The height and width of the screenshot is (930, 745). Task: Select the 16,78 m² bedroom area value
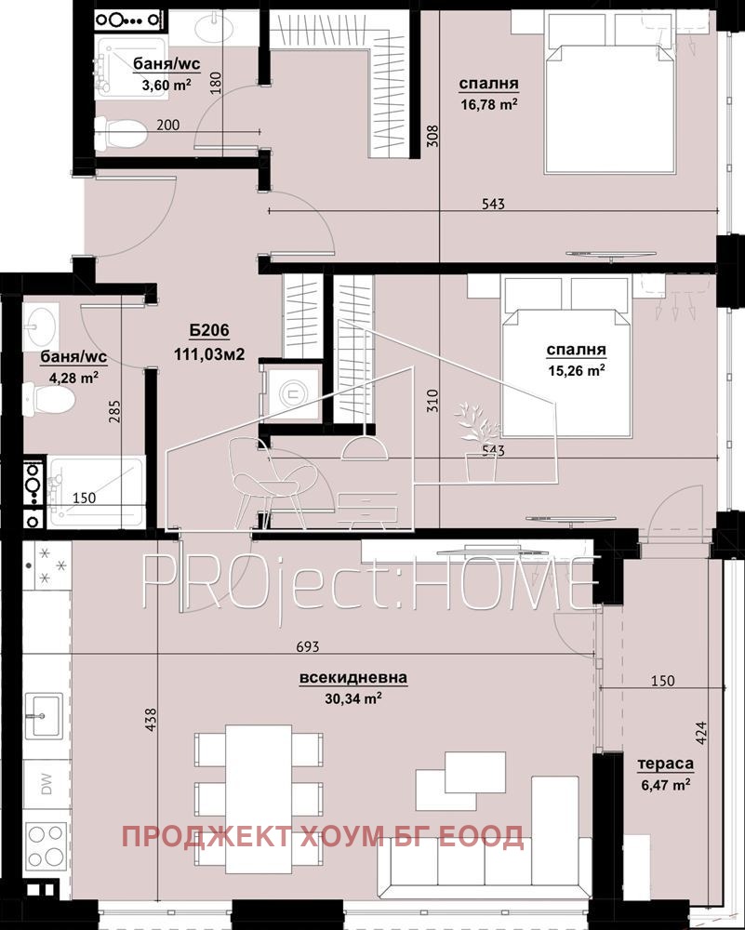[488, 105]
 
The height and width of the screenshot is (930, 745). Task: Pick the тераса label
[665, 765]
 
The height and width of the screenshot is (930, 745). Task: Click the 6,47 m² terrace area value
[665, 785]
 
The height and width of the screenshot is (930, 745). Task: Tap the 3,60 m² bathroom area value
[140, 85]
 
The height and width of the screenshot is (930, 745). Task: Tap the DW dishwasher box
[46, 783]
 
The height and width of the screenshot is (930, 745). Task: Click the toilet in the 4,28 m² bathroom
[53, 402]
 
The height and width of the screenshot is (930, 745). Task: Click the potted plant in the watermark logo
[479, 442]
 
